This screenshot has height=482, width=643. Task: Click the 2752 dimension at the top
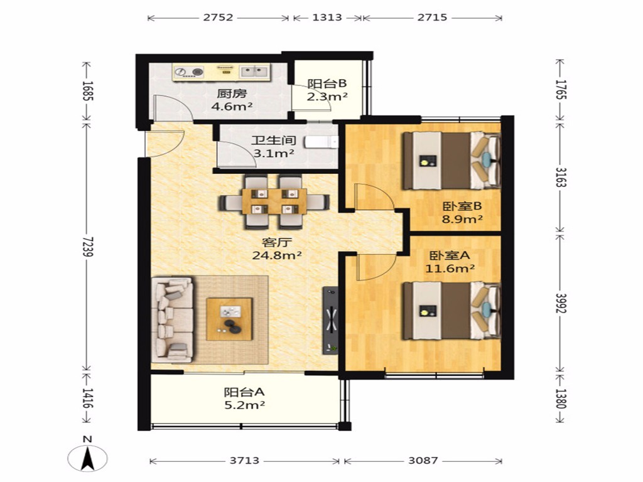218,18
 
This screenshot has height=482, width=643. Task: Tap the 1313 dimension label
327,18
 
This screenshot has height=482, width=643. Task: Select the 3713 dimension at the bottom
244,461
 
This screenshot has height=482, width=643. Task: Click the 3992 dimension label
561,303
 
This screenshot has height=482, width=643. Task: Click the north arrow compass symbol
87,455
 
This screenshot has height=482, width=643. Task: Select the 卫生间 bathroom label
274,141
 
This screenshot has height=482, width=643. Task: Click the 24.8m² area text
277,255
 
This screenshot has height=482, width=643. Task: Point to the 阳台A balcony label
244,392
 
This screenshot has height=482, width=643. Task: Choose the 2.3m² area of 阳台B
327,97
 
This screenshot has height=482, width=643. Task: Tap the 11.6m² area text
450,269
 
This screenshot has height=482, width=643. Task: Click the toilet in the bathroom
321,142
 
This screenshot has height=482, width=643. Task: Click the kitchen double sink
254,72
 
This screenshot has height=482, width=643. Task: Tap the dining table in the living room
274,201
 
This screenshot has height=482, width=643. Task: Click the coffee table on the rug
229,319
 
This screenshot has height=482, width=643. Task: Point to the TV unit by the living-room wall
330,320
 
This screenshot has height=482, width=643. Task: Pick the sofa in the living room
173,319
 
